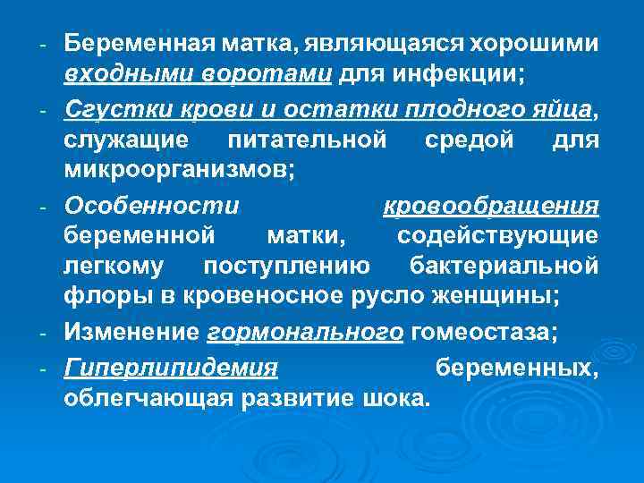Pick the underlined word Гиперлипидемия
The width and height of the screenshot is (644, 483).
(171, 366)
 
